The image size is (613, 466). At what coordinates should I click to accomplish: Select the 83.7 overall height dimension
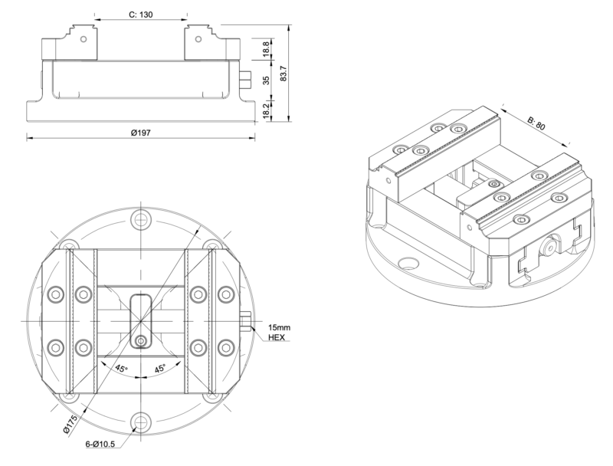pyautogui.click(x=284, y=73)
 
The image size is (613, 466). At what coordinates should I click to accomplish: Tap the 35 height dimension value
pyautogui.click(x=266, y=81)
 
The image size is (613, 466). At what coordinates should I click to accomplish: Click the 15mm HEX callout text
pyautogui.click(x=277, y=333)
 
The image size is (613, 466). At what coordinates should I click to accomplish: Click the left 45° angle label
pyautogui.click(x=121, y=369)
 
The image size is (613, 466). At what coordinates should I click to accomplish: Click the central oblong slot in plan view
pyautogui.click(x=140, y=314)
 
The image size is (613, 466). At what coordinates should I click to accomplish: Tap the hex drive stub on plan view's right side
pyautogui.click(x=244, y=320)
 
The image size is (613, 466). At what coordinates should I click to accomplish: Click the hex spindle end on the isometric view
pyautogui.click(x=550, y=250)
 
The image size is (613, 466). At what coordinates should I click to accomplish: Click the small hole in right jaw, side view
pyautogui.click(x=198, y=35)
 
